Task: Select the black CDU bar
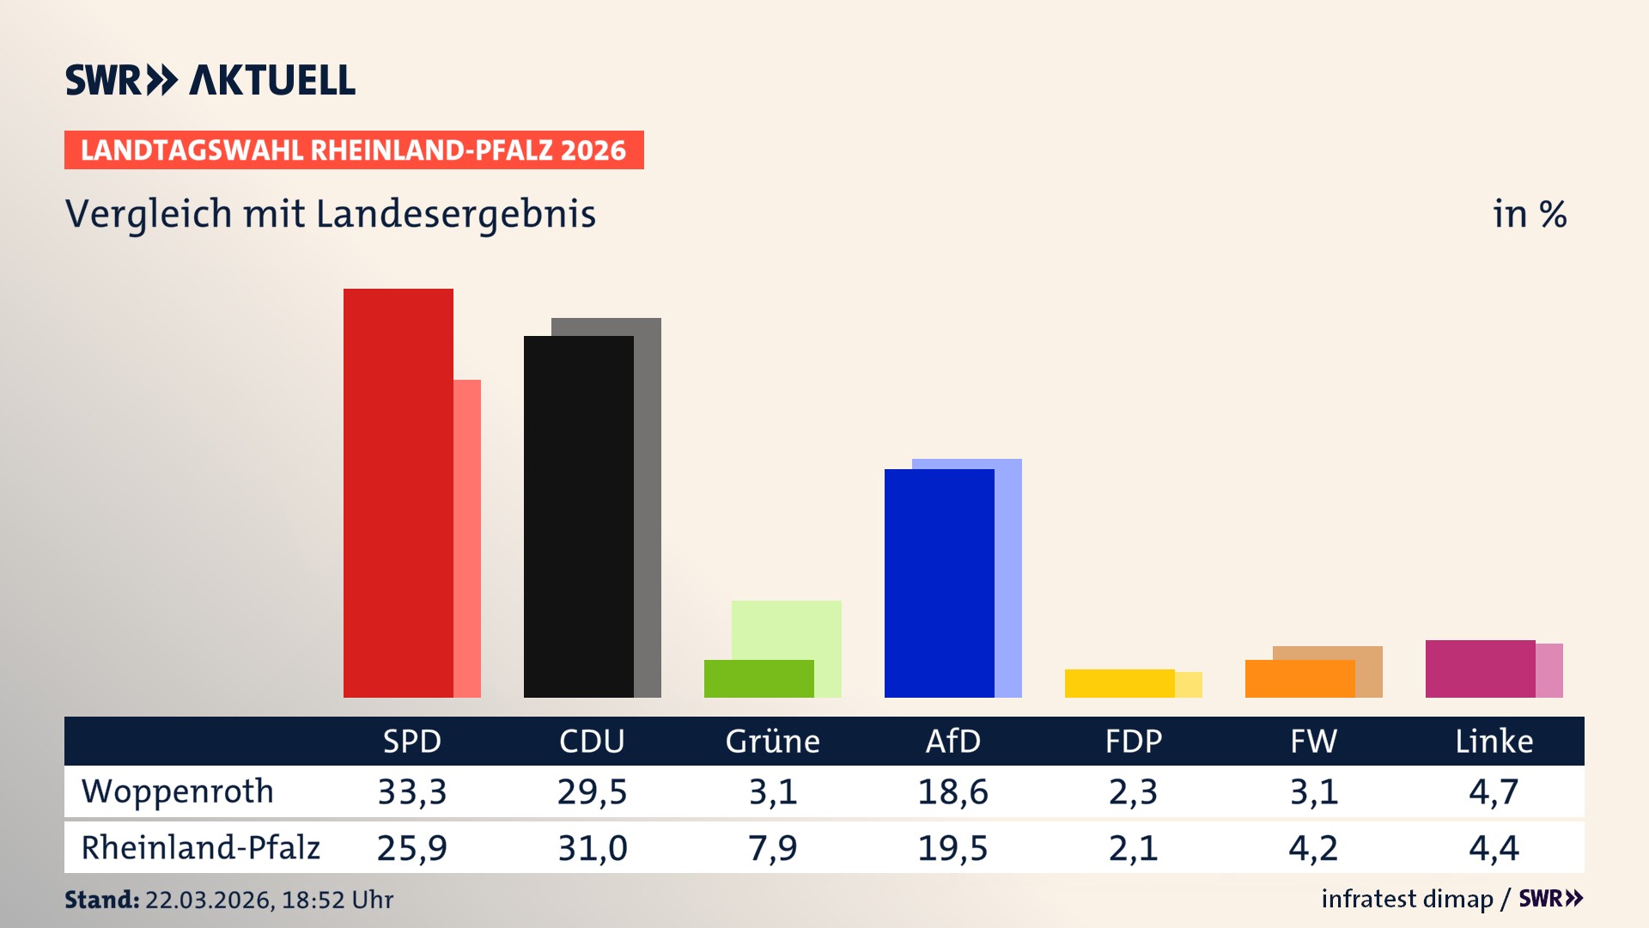pos(578,516)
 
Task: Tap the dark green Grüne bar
pos(758,679)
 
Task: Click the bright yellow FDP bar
pos(1119,683)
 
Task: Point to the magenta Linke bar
pos(1480,669)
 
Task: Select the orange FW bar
pos(1299,679)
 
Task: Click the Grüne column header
pos(772,741)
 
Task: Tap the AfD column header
pos(952,741)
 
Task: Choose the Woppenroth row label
pos(178,791)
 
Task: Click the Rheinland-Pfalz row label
pos(200,848)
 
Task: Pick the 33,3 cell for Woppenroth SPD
pos(412,791)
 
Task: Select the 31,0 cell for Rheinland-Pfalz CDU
pos(593,848)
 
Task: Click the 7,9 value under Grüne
pos(772,848)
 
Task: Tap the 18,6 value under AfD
pos(952,791)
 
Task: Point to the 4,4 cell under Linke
pos(1494,848)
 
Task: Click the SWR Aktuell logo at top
pos(210,80)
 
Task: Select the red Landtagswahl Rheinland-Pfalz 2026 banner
pos(354,150)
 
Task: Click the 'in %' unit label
pos(1529,214)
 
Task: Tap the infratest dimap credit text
pos(1407,899)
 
